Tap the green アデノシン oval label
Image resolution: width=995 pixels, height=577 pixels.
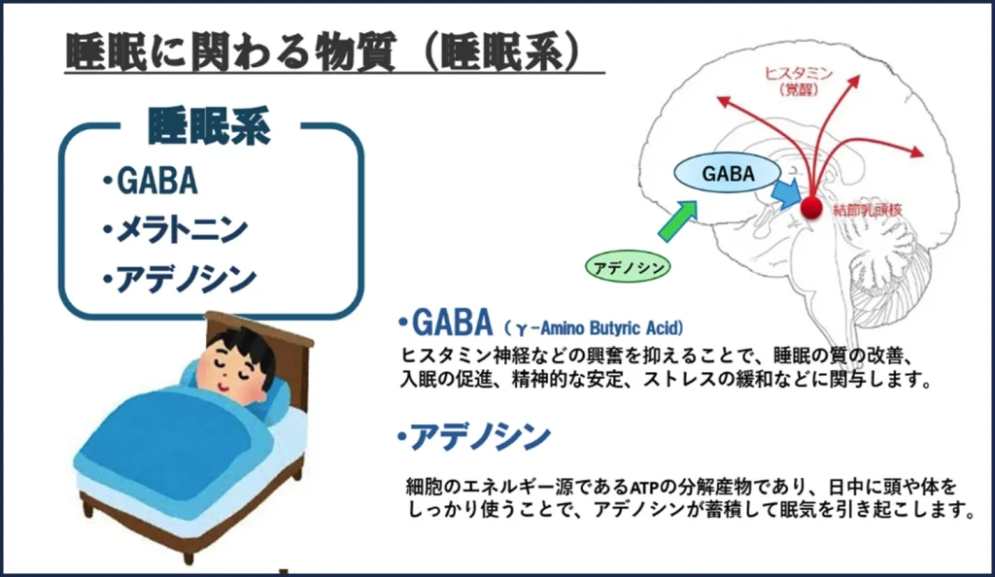(628, 263)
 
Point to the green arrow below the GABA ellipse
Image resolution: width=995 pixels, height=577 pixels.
(676, 221)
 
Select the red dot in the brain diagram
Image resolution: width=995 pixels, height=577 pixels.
(810, 206)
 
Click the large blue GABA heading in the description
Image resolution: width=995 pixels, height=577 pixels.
(448, 322)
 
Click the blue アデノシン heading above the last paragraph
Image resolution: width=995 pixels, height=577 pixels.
(474, 437)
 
